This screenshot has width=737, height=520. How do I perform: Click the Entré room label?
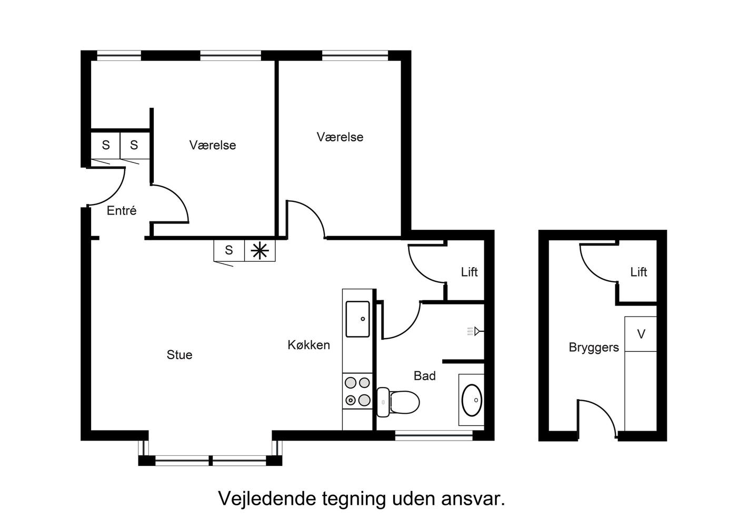coord(122,210)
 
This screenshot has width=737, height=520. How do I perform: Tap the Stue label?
coord(180,355)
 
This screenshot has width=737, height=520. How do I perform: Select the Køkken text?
coord(308,345)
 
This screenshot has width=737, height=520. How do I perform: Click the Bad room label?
coord(424,376)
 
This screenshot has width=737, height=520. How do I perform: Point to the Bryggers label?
coord(594,348)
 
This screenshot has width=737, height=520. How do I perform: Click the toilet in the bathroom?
coord(398,402)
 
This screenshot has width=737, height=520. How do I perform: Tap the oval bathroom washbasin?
coord(472,400)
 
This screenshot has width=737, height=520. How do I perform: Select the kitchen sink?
coord(357,319)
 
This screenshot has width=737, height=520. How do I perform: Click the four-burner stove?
coord(357,391)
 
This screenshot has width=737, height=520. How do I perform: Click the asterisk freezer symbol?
coord(260,250)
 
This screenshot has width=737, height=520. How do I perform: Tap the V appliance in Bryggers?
coord(641,334)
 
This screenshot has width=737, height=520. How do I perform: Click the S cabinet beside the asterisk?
coord(229,250)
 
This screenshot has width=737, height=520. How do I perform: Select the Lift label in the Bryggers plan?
coord(638,272)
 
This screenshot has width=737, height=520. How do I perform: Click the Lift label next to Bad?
coord(469,272)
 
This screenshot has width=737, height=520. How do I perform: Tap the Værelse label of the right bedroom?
coord(340,137)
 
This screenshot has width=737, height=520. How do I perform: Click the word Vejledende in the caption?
coord(267,498)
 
